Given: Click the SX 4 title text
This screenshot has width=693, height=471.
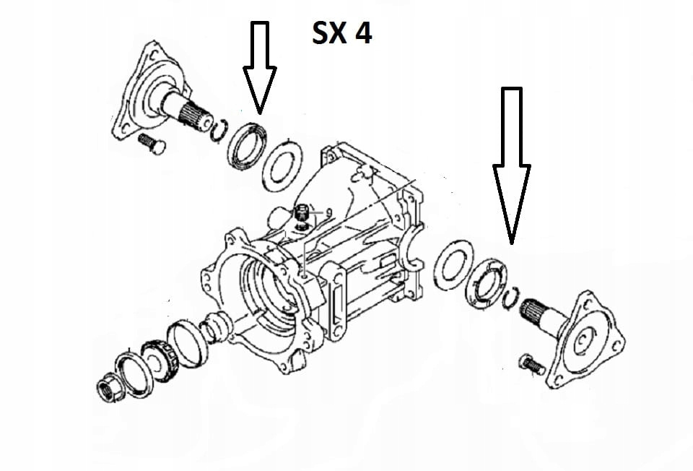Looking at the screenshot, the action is (341, 33).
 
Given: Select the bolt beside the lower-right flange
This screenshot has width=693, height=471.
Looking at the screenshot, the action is (533, 364).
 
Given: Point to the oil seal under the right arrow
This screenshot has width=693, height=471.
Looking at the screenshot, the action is (487, 284).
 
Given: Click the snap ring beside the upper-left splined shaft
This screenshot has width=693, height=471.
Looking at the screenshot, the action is (219, 131).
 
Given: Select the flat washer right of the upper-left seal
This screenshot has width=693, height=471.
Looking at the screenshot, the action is (282, 165).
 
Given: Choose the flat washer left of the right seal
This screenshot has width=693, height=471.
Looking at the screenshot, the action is (453, 264).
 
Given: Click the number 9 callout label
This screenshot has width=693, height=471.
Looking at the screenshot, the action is (328, 213).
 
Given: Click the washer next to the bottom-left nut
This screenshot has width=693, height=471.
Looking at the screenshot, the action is (134, 374).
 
